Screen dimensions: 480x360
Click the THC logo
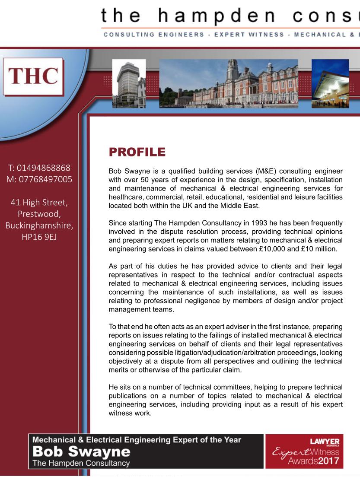point(33,76)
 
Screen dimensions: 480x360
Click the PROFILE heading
point(137,152)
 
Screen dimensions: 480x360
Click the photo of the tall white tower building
point(129,83)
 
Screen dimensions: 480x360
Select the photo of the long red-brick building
point(229,83)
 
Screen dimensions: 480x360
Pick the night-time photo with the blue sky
point(330,83)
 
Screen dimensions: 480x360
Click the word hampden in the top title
point(216,16)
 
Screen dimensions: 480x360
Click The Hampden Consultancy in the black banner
point(81,463)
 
